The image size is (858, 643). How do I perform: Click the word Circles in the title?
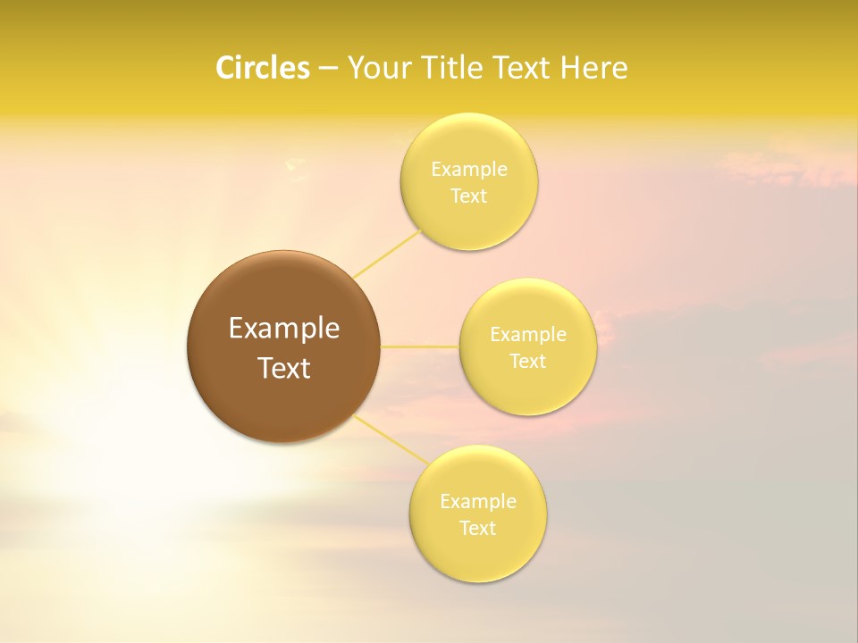[x=262, y=68]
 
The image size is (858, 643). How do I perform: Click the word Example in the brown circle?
[x=284, y=329]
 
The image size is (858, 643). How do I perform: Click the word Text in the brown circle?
[x=284, y=368]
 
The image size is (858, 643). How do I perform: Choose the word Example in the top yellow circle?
[x=469, y=170]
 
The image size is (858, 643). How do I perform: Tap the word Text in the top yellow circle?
[x=468, y=196]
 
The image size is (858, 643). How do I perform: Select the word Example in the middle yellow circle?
[x=528, y=335]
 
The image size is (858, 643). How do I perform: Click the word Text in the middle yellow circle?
[x=527, y=362]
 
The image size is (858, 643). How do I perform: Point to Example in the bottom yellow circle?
[x=478, y=502]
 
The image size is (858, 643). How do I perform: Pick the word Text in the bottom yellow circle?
[x=477, y=529]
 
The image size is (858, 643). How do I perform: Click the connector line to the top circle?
[x=387, y=253]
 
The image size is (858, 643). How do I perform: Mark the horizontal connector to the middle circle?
[x=420, y=347]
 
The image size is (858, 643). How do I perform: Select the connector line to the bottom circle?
[x=391, y=438]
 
